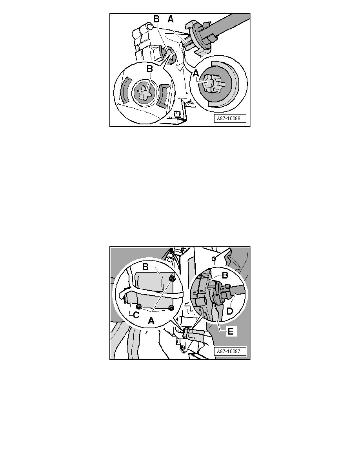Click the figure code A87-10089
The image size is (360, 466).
[x=228, y=118]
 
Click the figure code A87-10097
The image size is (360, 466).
[x=228, y=351]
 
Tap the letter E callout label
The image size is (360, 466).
[x=231, y=331]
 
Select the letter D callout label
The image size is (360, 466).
[x=229, y=312]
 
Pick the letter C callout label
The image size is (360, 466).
[x=136, y=315]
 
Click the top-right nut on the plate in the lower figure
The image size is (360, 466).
[x=172, y=279]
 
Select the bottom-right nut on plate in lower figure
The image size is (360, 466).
[x=171, y=308]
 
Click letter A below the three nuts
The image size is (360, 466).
[x=151, y=321]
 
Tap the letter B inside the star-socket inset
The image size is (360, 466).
[x=149, y=69]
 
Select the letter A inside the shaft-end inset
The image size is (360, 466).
[x=196, y=73]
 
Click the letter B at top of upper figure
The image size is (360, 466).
[x=156, y=20]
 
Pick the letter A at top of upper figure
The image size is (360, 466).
[x=171, y=20]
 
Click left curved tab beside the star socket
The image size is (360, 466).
[x=126, y=91]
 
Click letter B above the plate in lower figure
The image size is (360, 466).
[x=145, y=267]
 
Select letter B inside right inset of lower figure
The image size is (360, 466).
[x=225, y=275]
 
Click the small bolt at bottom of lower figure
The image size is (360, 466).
[x=182, y=348]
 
